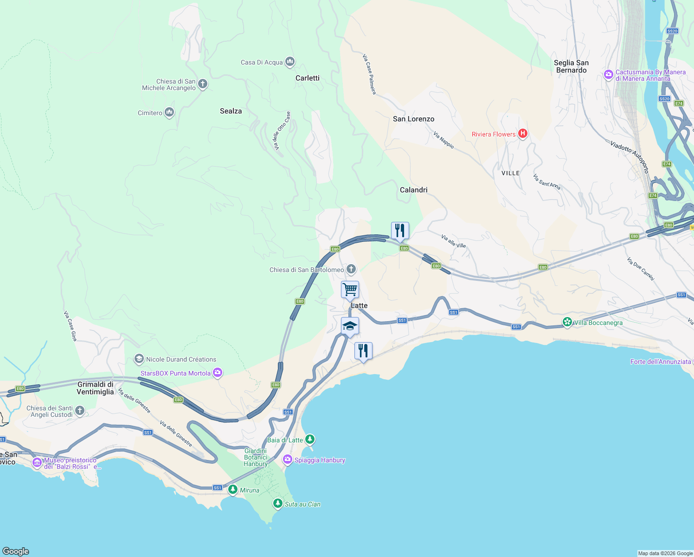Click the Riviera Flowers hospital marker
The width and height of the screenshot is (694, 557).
point(523,134)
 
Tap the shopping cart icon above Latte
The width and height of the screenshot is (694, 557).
point(350,290)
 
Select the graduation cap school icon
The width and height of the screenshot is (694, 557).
point(350,326)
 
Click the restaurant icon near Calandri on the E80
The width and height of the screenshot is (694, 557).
point(400,230)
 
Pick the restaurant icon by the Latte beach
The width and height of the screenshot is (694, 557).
point(363,350)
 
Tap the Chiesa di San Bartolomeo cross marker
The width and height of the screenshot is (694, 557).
point(351,269)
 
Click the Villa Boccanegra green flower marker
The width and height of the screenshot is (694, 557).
point(567,322)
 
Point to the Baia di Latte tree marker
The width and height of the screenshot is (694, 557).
point(310,439)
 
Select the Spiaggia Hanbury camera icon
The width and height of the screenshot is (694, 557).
point(288,460)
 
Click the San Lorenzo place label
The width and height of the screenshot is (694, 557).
point(413,119)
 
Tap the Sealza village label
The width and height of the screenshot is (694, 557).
point(231,111)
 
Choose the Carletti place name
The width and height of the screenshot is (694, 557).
point(307,78)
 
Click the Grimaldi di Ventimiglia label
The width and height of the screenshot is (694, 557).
point(96,388)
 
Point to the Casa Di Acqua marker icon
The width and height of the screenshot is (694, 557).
point(290,61)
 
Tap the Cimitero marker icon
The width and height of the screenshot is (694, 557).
point(169,112)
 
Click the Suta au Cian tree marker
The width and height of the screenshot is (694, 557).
point(277,503)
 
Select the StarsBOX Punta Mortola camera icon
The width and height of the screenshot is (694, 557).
point(218,373)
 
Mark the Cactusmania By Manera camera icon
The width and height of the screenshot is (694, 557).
point(609,75)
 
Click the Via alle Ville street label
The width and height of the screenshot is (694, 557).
point(453,241)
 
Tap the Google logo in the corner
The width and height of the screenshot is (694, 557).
point(16,551)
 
